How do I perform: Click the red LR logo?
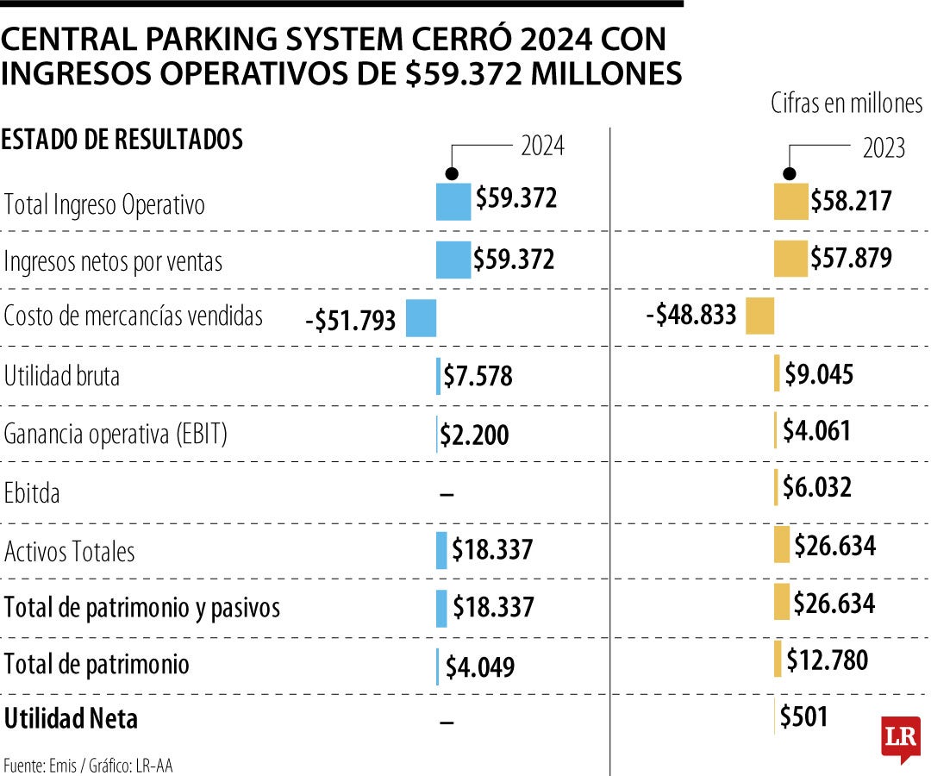900,738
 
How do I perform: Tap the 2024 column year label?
542,146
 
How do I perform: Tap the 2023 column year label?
884,148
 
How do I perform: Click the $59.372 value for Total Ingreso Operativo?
516,199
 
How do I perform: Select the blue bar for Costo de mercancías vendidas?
421,317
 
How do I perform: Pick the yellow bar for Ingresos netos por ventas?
790,259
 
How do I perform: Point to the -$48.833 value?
691,315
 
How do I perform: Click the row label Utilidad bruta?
62,376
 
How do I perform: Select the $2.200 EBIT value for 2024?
474,435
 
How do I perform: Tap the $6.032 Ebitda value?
816,487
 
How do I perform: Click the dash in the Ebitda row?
447,494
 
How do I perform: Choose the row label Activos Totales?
70,551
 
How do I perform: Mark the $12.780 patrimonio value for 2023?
827,660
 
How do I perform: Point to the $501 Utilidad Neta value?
803,717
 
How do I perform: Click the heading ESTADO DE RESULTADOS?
122,140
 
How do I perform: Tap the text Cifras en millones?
846,103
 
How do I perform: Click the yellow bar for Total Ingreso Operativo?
790,203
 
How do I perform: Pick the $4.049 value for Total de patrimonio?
480,667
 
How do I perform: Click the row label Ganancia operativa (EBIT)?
116,435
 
